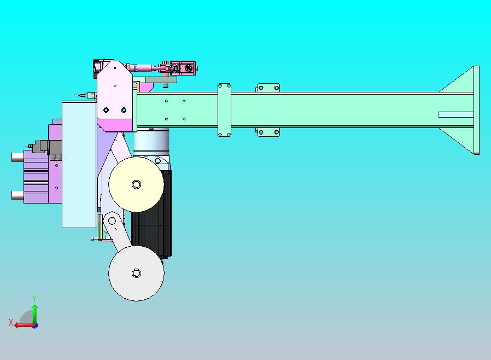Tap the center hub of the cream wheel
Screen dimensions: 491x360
click(x=136, y=184)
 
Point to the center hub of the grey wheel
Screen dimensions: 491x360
click(x=136, y=273)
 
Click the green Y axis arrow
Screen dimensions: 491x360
click(x=35, y=315)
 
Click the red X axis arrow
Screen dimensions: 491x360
click(x=25, y=325)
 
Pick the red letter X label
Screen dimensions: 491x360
click(x=11, y=322)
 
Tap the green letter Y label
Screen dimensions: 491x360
click(x=34, y=298)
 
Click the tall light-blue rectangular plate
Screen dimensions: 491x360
click(x=79, y=165)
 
